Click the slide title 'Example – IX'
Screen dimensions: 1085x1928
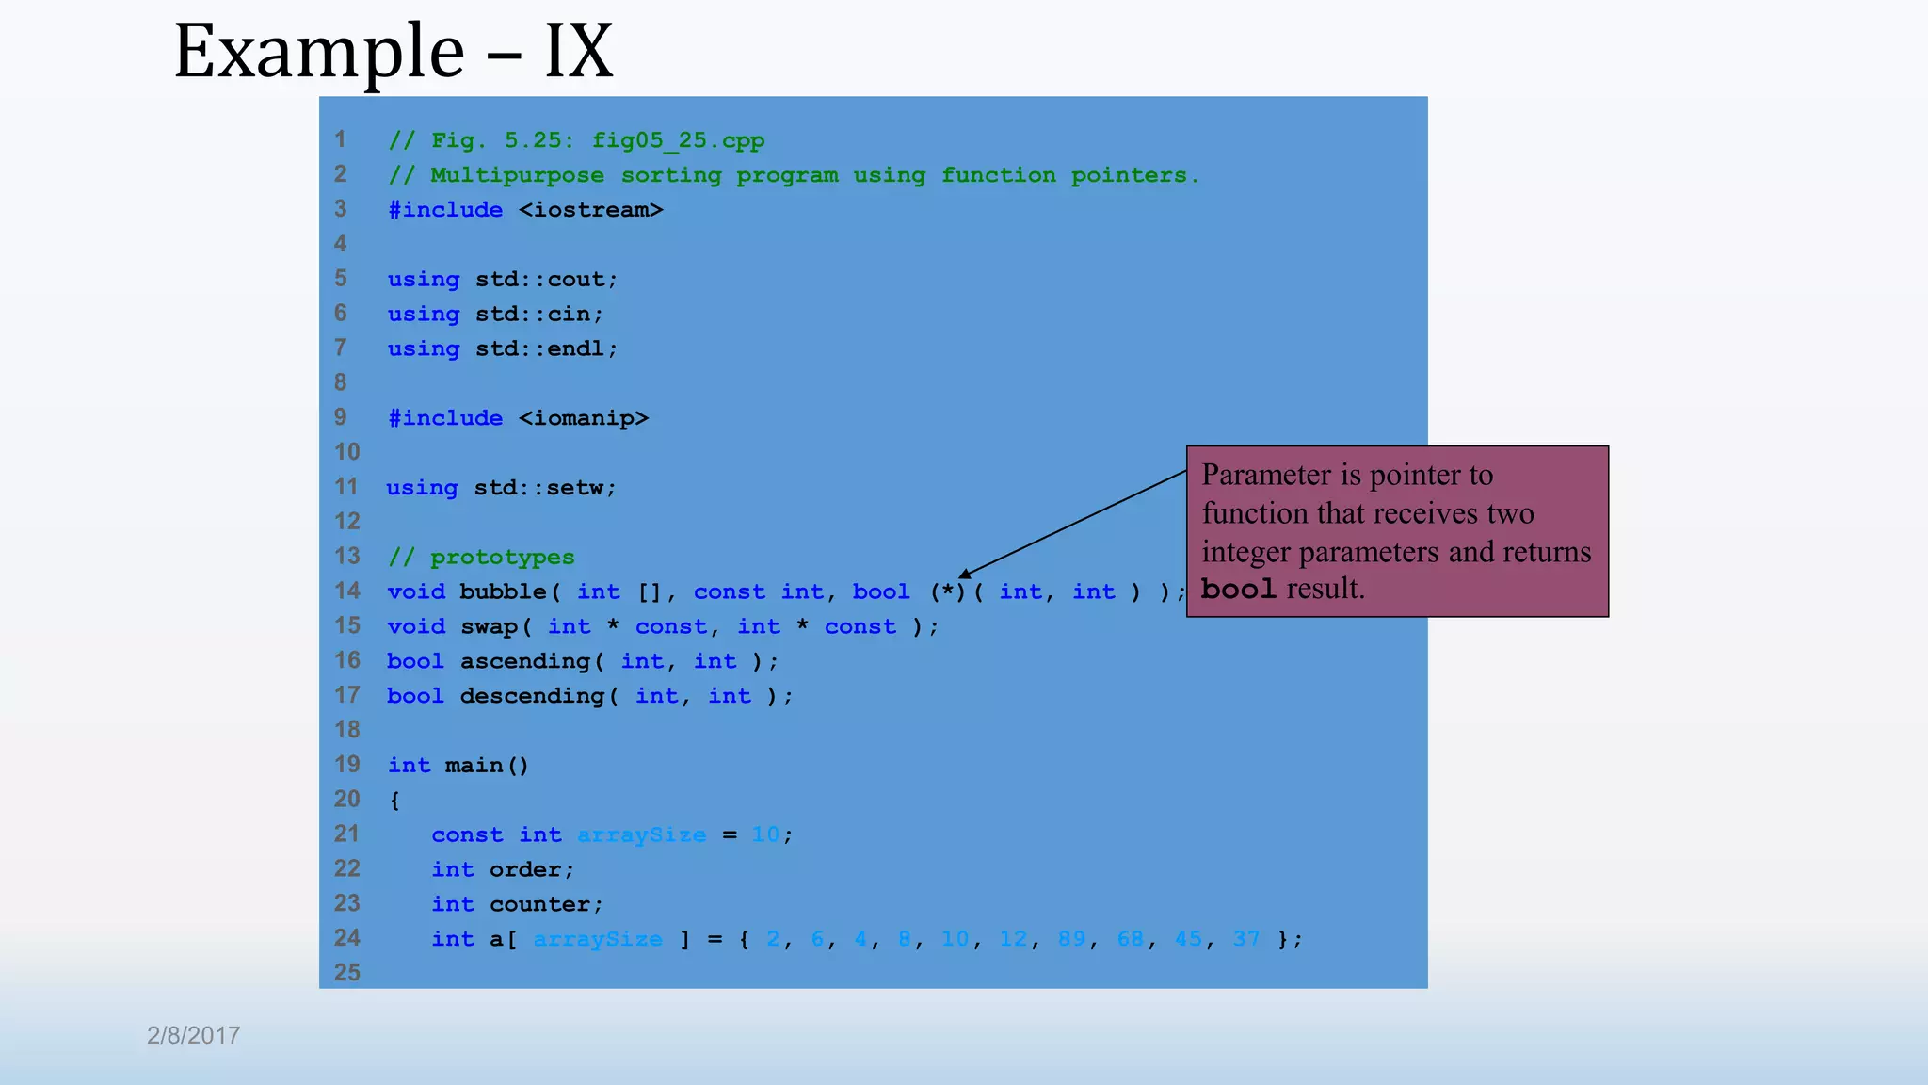pos(394,51)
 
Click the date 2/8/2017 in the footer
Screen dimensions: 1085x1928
pos(193,1035)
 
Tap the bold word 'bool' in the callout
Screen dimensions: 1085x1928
pos(1238,590)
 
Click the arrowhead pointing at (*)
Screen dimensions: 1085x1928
pos(965,574)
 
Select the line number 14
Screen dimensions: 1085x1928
pos(347,591)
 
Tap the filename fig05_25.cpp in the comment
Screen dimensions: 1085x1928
pos(678,140)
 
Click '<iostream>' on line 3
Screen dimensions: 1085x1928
pos(591,210)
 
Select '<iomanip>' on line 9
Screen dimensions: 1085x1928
pos(584,418)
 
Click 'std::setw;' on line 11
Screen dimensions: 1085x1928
pos(545,488)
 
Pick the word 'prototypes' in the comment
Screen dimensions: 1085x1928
pos(503,558)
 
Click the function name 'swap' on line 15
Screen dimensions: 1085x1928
pos(489,626)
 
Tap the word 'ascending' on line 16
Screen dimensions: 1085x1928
pos(525,661)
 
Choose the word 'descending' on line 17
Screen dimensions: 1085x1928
pos(532,696)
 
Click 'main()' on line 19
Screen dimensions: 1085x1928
pos(487,766)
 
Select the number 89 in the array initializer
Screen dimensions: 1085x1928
pos(1071,939)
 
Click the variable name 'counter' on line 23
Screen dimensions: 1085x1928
pos(539,904)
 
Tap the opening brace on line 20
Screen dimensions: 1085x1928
pos(394,801)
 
